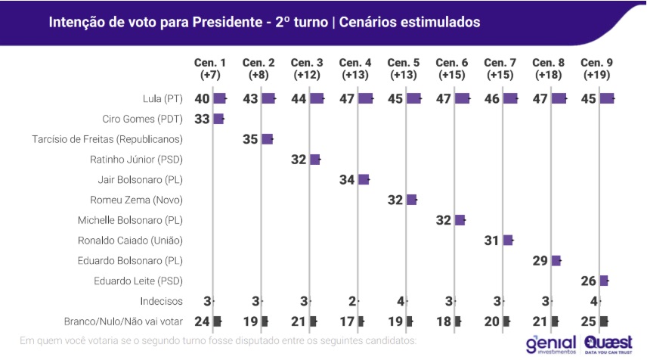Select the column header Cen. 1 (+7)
point(209,69)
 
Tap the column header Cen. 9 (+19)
point(595,69)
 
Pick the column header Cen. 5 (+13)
point(402,69)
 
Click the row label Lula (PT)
point(163,99)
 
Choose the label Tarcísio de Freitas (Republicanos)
point(108,139)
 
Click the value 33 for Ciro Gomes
point(202,119)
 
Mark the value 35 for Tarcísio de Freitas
point(251,139)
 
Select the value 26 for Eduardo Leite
point(589,281)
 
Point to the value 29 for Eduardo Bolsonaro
point(540,260)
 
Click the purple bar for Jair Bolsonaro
point(364,179)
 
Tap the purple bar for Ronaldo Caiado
point(508,240)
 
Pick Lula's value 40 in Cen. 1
point(202,99)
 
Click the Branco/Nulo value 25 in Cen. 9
point(589,321)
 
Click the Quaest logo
point(610,344)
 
